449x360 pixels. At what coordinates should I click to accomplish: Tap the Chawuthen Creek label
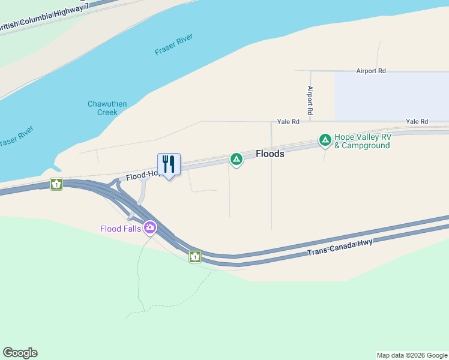click(x=107, y=108)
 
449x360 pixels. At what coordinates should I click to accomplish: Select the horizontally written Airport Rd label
click(x=370, y=71)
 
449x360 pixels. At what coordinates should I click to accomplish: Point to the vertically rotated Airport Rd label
click(x=310, y=100)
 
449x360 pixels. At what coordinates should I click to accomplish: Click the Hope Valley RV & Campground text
click(x=362, y=141)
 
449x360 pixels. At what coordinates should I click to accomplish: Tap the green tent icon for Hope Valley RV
click(x=325, y=140)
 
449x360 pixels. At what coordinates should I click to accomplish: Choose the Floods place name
click(x=270, y=154)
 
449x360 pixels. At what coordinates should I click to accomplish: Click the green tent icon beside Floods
click(x=237, y=159)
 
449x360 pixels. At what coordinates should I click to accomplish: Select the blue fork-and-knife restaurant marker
click(x=168, y=164)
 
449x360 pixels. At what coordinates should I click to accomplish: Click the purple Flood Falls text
click(x=120, y=228)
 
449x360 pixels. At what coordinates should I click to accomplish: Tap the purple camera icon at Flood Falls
click(x=149, y=228)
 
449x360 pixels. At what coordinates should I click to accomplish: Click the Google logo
click(x=20, y=353)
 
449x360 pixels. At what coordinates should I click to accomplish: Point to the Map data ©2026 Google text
click(x=412, y=355)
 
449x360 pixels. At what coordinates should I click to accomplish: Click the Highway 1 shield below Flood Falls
click(x=195, y=257)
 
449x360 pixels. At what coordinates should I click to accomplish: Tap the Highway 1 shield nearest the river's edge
click(x=56, y=184)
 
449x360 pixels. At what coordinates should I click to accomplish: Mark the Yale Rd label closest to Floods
click(x=288, y=122)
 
